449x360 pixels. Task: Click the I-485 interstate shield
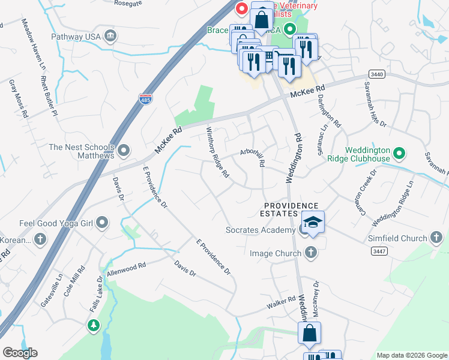(x=145, y=98)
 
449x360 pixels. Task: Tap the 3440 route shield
(x=376, y=73)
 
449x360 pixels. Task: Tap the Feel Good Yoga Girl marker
(x=103, y=223)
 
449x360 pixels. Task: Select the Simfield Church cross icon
(x=436, y=239)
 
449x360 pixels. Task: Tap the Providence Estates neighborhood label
(x=280, y=209)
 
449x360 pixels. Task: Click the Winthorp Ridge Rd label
(x=218, y=152)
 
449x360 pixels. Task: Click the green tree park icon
(x=93, y=325)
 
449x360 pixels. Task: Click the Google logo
(x=20, y=353)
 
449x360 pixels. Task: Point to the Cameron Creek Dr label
(x=366, y=188)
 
